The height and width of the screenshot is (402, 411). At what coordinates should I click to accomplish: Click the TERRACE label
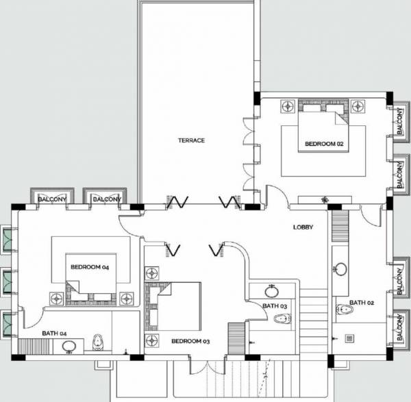click(191, 140)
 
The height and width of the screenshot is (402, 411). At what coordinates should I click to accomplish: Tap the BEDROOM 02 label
click(323, 144)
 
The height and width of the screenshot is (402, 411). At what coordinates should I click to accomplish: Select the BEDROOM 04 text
click(90, 267)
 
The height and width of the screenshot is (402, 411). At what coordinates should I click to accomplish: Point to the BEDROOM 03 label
click(190, 341)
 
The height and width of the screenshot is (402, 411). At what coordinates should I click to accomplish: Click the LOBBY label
click(303, 227)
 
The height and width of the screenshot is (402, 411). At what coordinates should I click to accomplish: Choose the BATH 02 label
click(361, 303)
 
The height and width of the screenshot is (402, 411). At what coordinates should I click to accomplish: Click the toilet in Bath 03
click(281, 320)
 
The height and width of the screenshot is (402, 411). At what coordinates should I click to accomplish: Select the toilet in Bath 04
click(97, 342)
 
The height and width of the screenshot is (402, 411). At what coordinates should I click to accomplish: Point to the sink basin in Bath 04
click(68, 347)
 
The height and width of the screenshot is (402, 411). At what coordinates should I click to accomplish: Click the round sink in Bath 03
click(273, 291)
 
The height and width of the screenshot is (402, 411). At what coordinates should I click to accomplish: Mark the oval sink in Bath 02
click(340, 269)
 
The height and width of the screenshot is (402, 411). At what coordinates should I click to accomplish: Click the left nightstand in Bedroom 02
click(288, 106)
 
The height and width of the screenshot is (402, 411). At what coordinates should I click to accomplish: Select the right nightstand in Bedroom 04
click(126, 297)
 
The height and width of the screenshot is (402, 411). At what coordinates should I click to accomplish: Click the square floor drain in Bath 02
click(349, 337)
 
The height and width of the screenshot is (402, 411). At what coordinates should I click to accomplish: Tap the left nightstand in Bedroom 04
click(54, 297)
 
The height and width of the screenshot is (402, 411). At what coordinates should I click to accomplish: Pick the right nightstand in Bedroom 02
click(358, 106)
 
